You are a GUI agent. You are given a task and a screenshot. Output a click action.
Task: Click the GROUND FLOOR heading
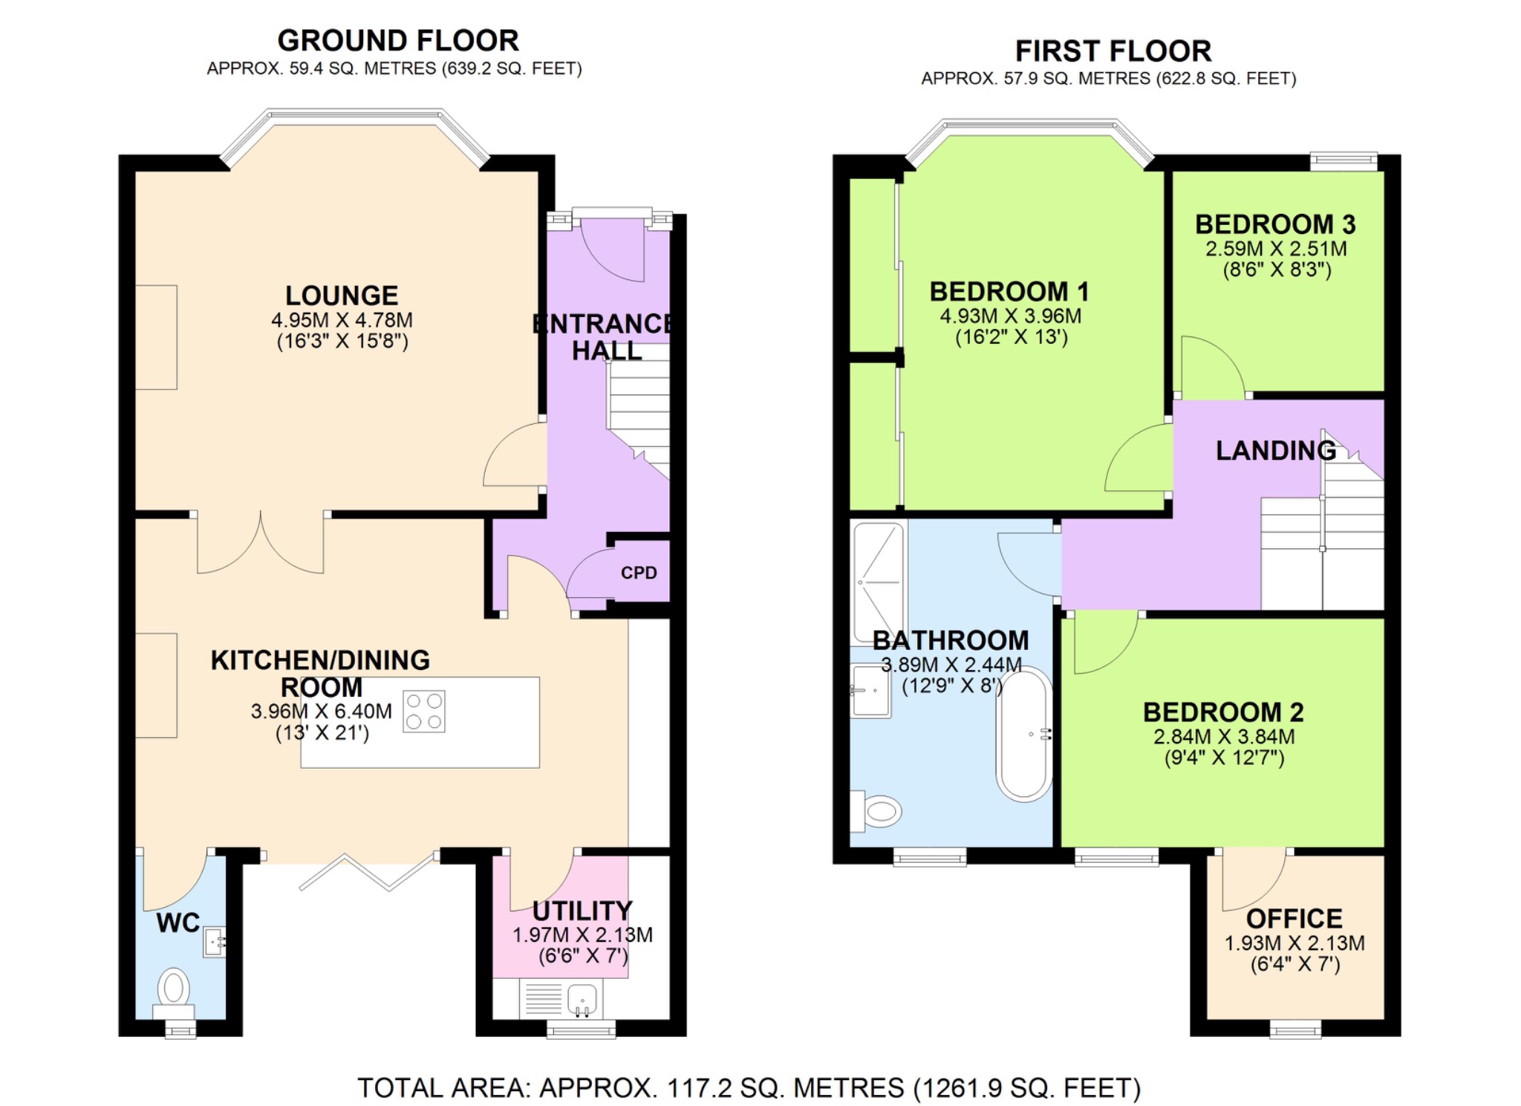coord(397,40)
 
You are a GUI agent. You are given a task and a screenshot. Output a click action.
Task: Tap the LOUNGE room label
coord(342,296)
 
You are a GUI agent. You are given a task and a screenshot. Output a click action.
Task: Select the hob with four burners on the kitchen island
coord(424,712)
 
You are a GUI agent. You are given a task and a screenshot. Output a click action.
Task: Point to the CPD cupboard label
coord(639,573)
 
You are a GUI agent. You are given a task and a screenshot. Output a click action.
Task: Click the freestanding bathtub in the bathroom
coord(1024,734)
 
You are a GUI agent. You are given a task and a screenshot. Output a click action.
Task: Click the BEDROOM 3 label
coord(1275,224)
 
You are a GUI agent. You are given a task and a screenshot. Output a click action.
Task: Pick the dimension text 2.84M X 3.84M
coord(1223,737)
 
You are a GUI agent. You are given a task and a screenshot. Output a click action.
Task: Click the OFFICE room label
coord(1294,919)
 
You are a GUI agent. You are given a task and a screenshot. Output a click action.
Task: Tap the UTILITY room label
coord(582,911)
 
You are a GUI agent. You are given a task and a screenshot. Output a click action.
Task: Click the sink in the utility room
coord(582,1000)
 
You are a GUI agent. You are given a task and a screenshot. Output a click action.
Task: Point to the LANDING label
coord(1275,450)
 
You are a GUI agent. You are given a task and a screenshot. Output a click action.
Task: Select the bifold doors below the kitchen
coord(368,872)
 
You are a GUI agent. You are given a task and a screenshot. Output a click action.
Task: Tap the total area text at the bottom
coord(749,1087)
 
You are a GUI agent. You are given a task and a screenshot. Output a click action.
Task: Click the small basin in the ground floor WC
coord(214,942)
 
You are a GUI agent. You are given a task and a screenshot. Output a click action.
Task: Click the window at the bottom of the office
coord(1295,1029)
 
